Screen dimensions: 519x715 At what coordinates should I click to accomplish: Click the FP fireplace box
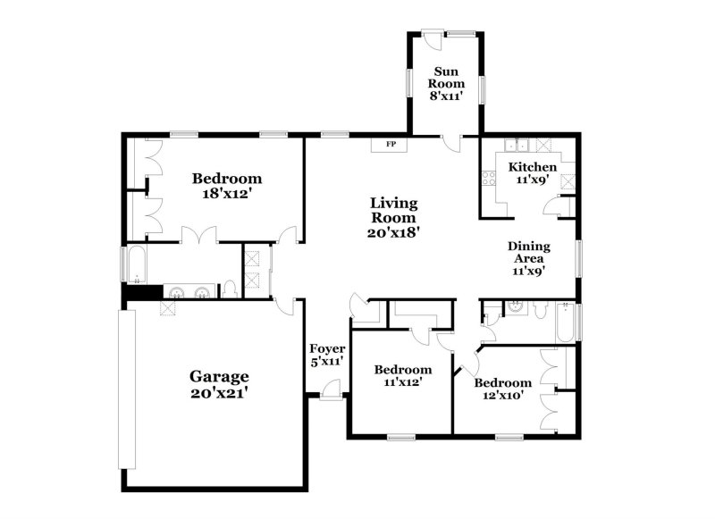390,144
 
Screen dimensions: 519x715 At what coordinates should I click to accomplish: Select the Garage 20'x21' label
219,384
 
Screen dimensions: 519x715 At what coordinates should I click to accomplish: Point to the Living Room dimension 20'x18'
394,231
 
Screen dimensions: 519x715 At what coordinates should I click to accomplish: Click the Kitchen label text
533,167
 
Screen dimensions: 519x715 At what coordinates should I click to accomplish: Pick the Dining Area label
528,258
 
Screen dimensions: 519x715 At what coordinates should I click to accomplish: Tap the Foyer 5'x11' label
327,355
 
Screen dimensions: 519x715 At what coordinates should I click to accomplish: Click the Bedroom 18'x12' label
227,185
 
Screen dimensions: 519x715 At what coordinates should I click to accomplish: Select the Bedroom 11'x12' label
402,375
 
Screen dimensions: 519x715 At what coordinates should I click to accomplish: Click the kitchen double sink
516,146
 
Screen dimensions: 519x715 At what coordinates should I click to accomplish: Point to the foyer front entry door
331,389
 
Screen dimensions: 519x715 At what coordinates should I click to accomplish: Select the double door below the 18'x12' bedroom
198,237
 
